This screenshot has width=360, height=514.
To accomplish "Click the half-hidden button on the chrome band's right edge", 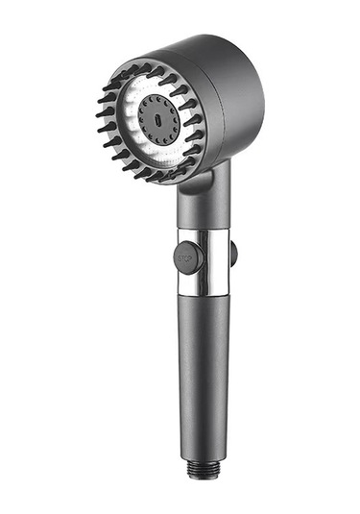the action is pos(233,253).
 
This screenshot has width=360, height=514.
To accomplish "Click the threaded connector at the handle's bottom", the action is pos(203,469).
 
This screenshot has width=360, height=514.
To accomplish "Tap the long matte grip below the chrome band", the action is pos(204,377).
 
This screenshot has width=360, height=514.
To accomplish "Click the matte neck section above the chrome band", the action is pos(204,204).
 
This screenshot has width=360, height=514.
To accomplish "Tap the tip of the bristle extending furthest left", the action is pos(96,115).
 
